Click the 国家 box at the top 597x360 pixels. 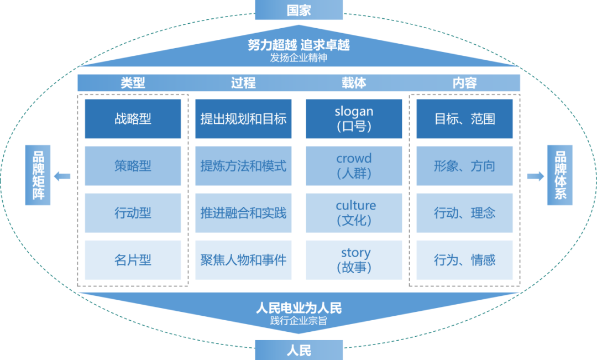click(x=298, y=10)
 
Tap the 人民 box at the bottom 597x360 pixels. click(x=298, y=350)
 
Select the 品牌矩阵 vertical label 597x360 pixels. click(x=38, y=175)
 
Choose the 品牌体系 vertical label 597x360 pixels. click(x=559, y=175)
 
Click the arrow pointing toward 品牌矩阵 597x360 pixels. click(x=62, y=176)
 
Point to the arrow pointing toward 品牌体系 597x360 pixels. click(x=535, y=176)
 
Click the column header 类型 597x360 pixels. click(x=133, y=83)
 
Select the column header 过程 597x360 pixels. click(x=243, y=83)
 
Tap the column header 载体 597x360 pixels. click(x=354, y=83)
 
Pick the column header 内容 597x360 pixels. click(x=464, y=83)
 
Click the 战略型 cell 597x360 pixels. click(x=133, y=119)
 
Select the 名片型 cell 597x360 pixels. click(x=133, y=260)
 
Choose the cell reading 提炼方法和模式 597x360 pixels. click(x=243, y=166)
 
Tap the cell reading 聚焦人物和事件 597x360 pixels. click(x=243, y=260)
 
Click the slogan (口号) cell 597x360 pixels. click(x=354, y=119)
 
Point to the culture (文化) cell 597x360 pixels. click(x=354, y=213)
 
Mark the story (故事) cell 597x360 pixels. click(x=354, y=260)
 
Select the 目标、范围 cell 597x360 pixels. click(x=464, y=119)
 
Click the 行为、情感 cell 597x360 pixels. click(x=464, y=260)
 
